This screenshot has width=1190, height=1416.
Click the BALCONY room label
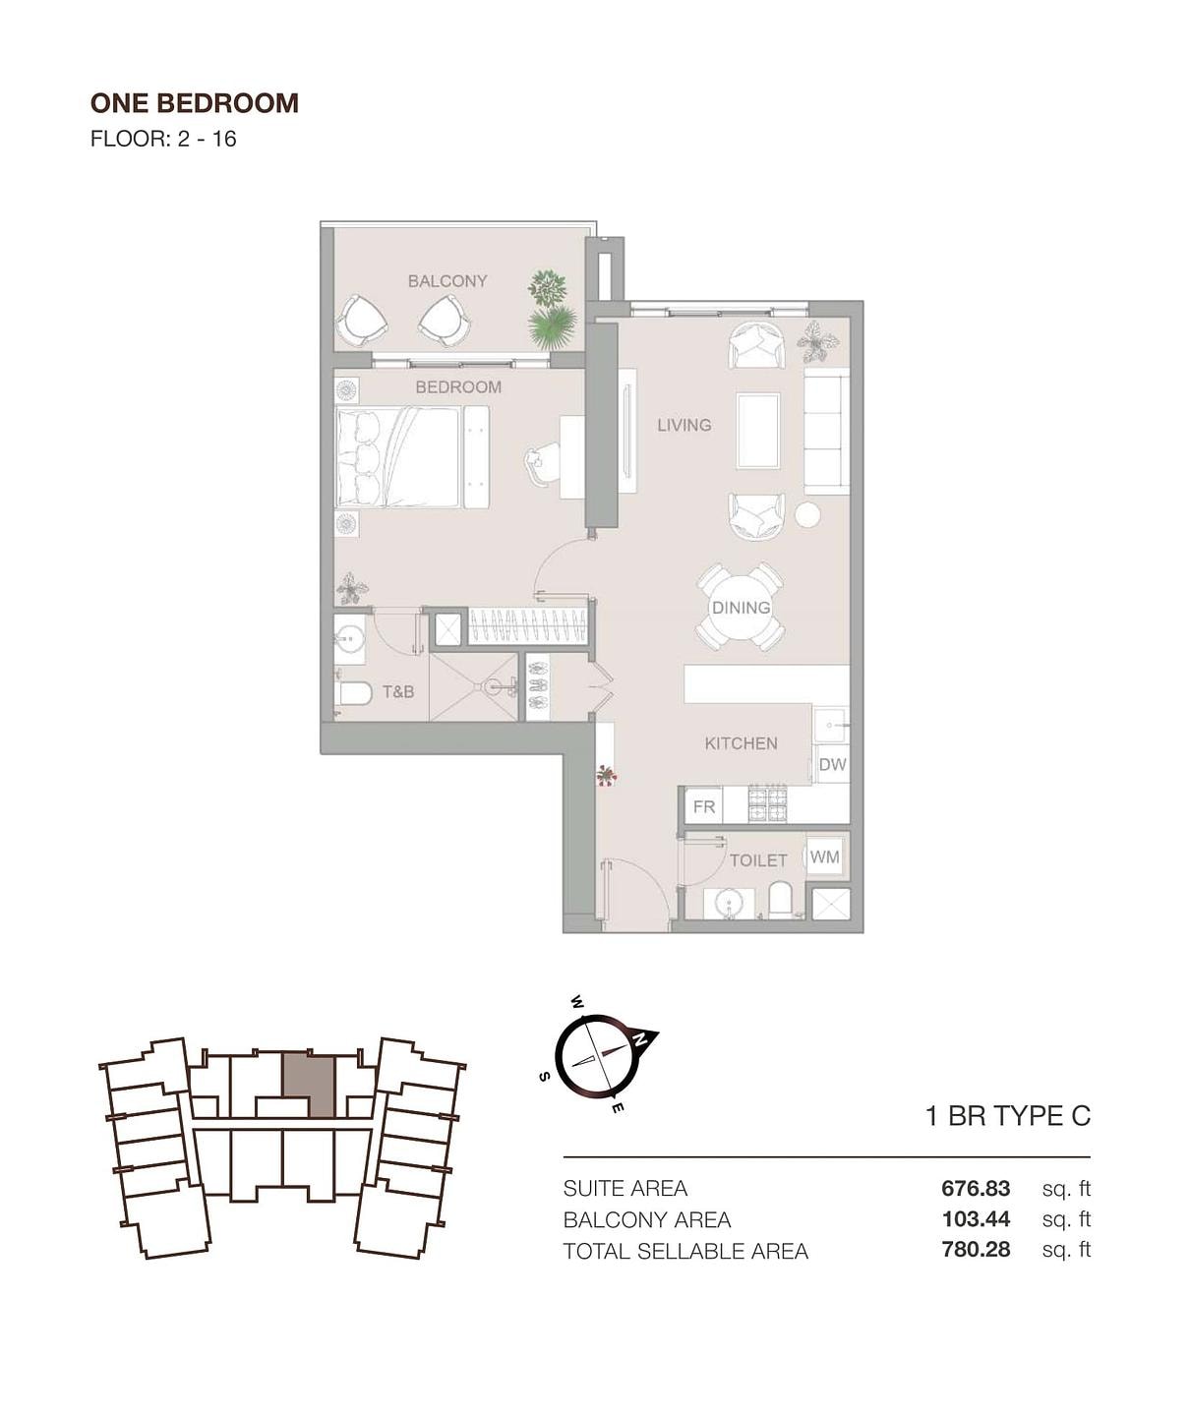point(447,281)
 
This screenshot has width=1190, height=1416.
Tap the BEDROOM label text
point(458,387)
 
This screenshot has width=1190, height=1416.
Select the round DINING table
point(741,607)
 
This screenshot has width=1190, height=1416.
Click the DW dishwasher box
point(832,764)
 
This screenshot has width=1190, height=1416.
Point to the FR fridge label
point(704,807)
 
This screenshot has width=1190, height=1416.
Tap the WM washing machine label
point(825,857)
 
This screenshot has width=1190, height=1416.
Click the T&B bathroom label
point(398,692)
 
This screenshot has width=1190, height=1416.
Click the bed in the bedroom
point(399,456)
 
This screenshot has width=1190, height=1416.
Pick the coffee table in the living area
point(758,430)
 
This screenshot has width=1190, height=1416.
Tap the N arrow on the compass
point(640,1036)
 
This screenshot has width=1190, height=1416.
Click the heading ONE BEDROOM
point(195,103)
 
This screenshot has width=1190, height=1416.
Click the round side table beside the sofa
point(807,514)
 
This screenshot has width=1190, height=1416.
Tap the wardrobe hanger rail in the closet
point(528,624)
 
